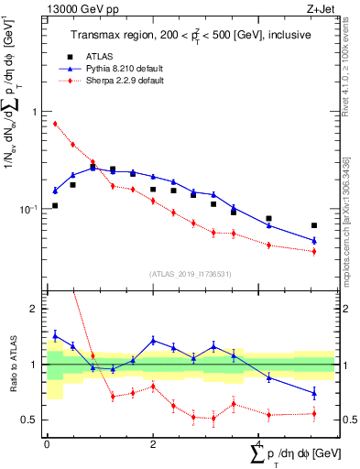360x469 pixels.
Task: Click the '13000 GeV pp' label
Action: pyautogui.click(x=74, y=8)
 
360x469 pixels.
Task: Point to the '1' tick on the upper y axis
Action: pyautogui.click(x=36, y=112)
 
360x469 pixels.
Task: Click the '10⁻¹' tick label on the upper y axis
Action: pyautogui.click(x=32, y=209)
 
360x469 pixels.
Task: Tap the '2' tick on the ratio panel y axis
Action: pyautogui.click(x=36, y=310)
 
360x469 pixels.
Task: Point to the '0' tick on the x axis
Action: pyautogui.click(x=47, y=445)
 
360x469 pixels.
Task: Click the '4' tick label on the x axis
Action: pyautogui.click(x=259, y=445)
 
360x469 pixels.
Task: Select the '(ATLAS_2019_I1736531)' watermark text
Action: pyautogui.click(x=190, y=273)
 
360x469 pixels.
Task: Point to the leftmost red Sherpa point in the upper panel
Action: pyautogui.click(x=55, y=124)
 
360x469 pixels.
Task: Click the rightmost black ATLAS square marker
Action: pyautogui.click(x=314, y=225)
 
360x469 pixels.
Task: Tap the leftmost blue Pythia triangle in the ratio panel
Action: pyautogui.click(x=55, y=335)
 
